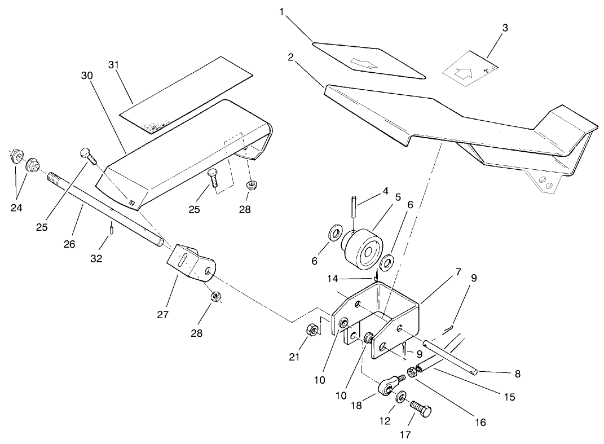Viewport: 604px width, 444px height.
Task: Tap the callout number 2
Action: [x=290, y=57]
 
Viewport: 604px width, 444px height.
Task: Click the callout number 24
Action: [x=16, y=207]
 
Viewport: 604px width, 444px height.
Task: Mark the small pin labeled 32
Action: [x=112, y=230]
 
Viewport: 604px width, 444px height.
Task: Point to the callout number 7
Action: [x=458, y=271]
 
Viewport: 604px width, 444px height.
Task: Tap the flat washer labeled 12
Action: [x=401, y=397]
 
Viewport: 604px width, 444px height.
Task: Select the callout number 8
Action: [x=517, y=373]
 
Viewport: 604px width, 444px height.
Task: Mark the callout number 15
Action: [x=509, y=397]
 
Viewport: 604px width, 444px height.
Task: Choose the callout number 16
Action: [x=480, y=422]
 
